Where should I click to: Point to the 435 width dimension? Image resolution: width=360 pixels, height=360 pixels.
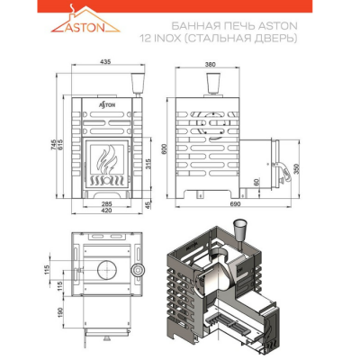coord(106,63)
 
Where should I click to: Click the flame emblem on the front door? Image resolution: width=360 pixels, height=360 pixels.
coord(106,162)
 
